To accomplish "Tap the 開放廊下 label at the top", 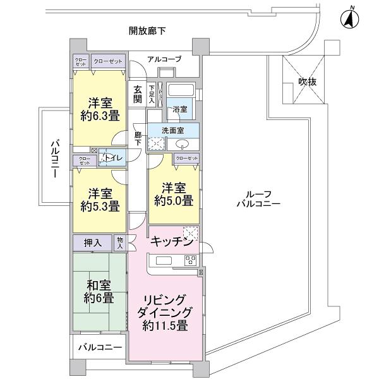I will coord(147,30).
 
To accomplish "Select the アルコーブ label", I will coord(164,59).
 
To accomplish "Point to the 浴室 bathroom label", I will coord(179,109).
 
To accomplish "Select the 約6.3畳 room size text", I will coord(99,116).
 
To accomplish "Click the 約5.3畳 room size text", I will coord(99,206).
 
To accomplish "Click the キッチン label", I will coord(171,241).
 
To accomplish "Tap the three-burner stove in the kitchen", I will coord(190,260).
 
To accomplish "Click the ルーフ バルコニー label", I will coord(258,199).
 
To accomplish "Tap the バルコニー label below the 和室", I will coord(99,347).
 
